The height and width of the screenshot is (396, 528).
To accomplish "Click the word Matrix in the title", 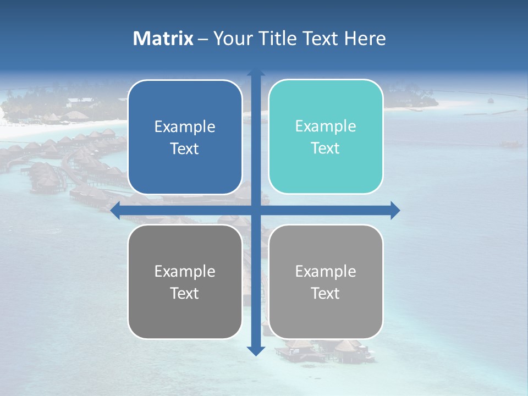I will [x=163, y=38].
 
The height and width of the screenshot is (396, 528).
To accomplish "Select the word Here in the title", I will [x=365, y=38].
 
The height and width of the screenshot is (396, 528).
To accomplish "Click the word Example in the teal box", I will [x=326, y=126].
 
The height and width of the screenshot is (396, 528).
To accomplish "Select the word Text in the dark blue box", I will [x=185, y=148].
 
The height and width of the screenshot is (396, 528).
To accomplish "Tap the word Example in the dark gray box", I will [x=185, y=271].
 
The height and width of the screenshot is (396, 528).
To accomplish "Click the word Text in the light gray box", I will [x=326, y=293].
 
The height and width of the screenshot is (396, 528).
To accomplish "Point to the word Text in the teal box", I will [x=326, y=148].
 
